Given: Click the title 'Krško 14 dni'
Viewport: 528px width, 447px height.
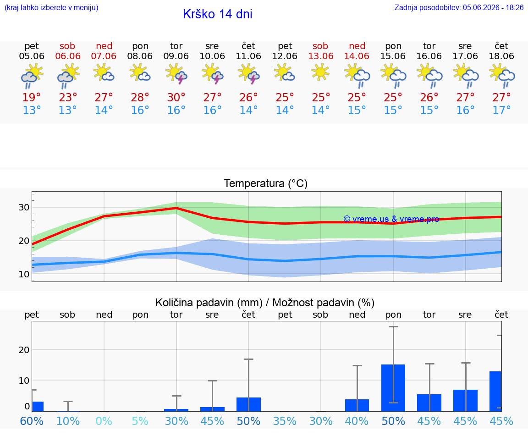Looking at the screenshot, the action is [x=218, y=14].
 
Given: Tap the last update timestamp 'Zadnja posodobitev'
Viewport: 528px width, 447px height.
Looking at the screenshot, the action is [x=459, y=7].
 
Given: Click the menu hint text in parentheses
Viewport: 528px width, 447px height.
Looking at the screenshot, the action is [x=51, y=7].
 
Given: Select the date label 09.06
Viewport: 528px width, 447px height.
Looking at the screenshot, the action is [x=176, y=56].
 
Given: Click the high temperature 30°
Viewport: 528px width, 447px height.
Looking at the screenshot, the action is [x=176, y=97].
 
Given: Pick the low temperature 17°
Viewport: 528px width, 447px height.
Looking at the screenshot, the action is [x=501, y=110].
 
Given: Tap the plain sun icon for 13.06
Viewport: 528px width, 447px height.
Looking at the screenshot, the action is [x=320, y=72].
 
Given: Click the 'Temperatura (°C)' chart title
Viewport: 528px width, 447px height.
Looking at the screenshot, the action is [x=266, y=183].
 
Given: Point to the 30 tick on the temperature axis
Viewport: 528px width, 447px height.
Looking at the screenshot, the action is [x=24, y=207].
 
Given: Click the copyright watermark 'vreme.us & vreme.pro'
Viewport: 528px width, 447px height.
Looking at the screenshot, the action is [x=391, y=219].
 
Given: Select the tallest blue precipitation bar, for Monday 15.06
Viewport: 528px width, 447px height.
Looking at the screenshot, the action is [x=393, y=388].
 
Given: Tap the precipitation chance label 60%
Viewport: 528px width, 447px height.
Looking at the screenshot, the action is [x=32, y=421].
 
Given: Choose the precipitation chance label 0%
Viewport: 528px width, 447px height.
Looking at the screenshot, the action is [x=104, y=421].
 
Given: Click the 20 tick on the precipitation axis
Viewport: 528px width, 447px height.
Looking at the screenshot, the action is [x=24, y=350].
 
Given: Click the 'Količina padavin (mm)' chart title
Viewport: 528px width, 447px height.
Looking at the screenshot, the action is [x=209, y=303].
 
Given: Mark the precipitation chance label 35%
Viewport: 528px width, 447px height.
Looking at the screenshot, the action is [x=285, y=421].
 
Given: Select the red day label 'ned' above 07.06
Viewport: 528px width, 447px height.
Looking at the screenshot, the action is [x=104, y=46].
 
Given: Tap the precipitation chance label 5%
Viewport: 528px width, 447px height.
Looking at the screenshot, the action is [x=140, y=421].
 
